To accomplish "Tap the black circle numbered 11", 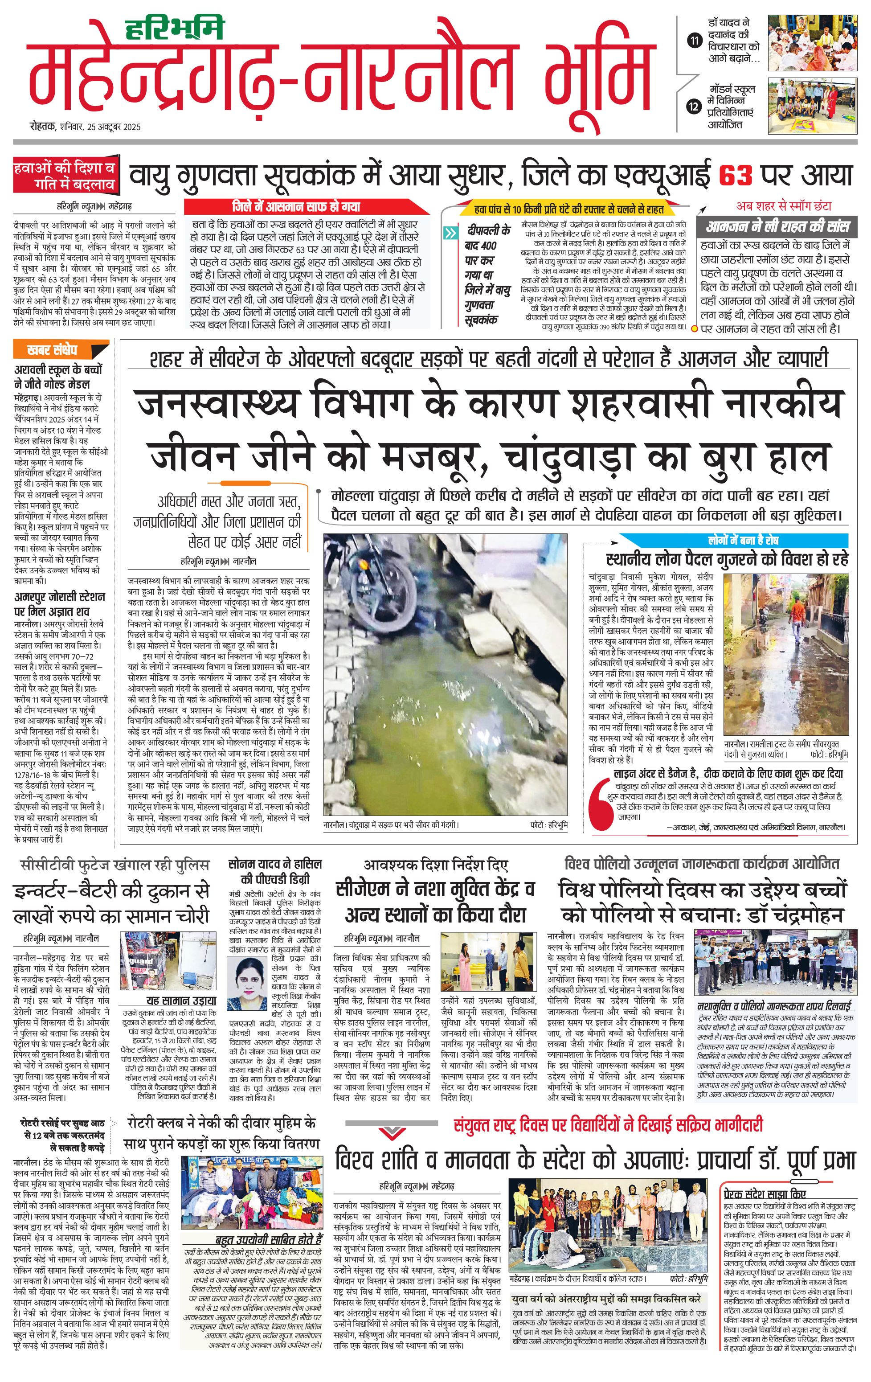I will [695, 41].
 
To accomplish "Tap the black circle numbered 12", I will [695, 106].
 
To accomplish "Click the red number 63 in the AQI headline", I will [735, 175].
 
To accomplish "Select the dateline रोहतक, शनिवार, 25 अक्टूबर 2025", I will [86, 127].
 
